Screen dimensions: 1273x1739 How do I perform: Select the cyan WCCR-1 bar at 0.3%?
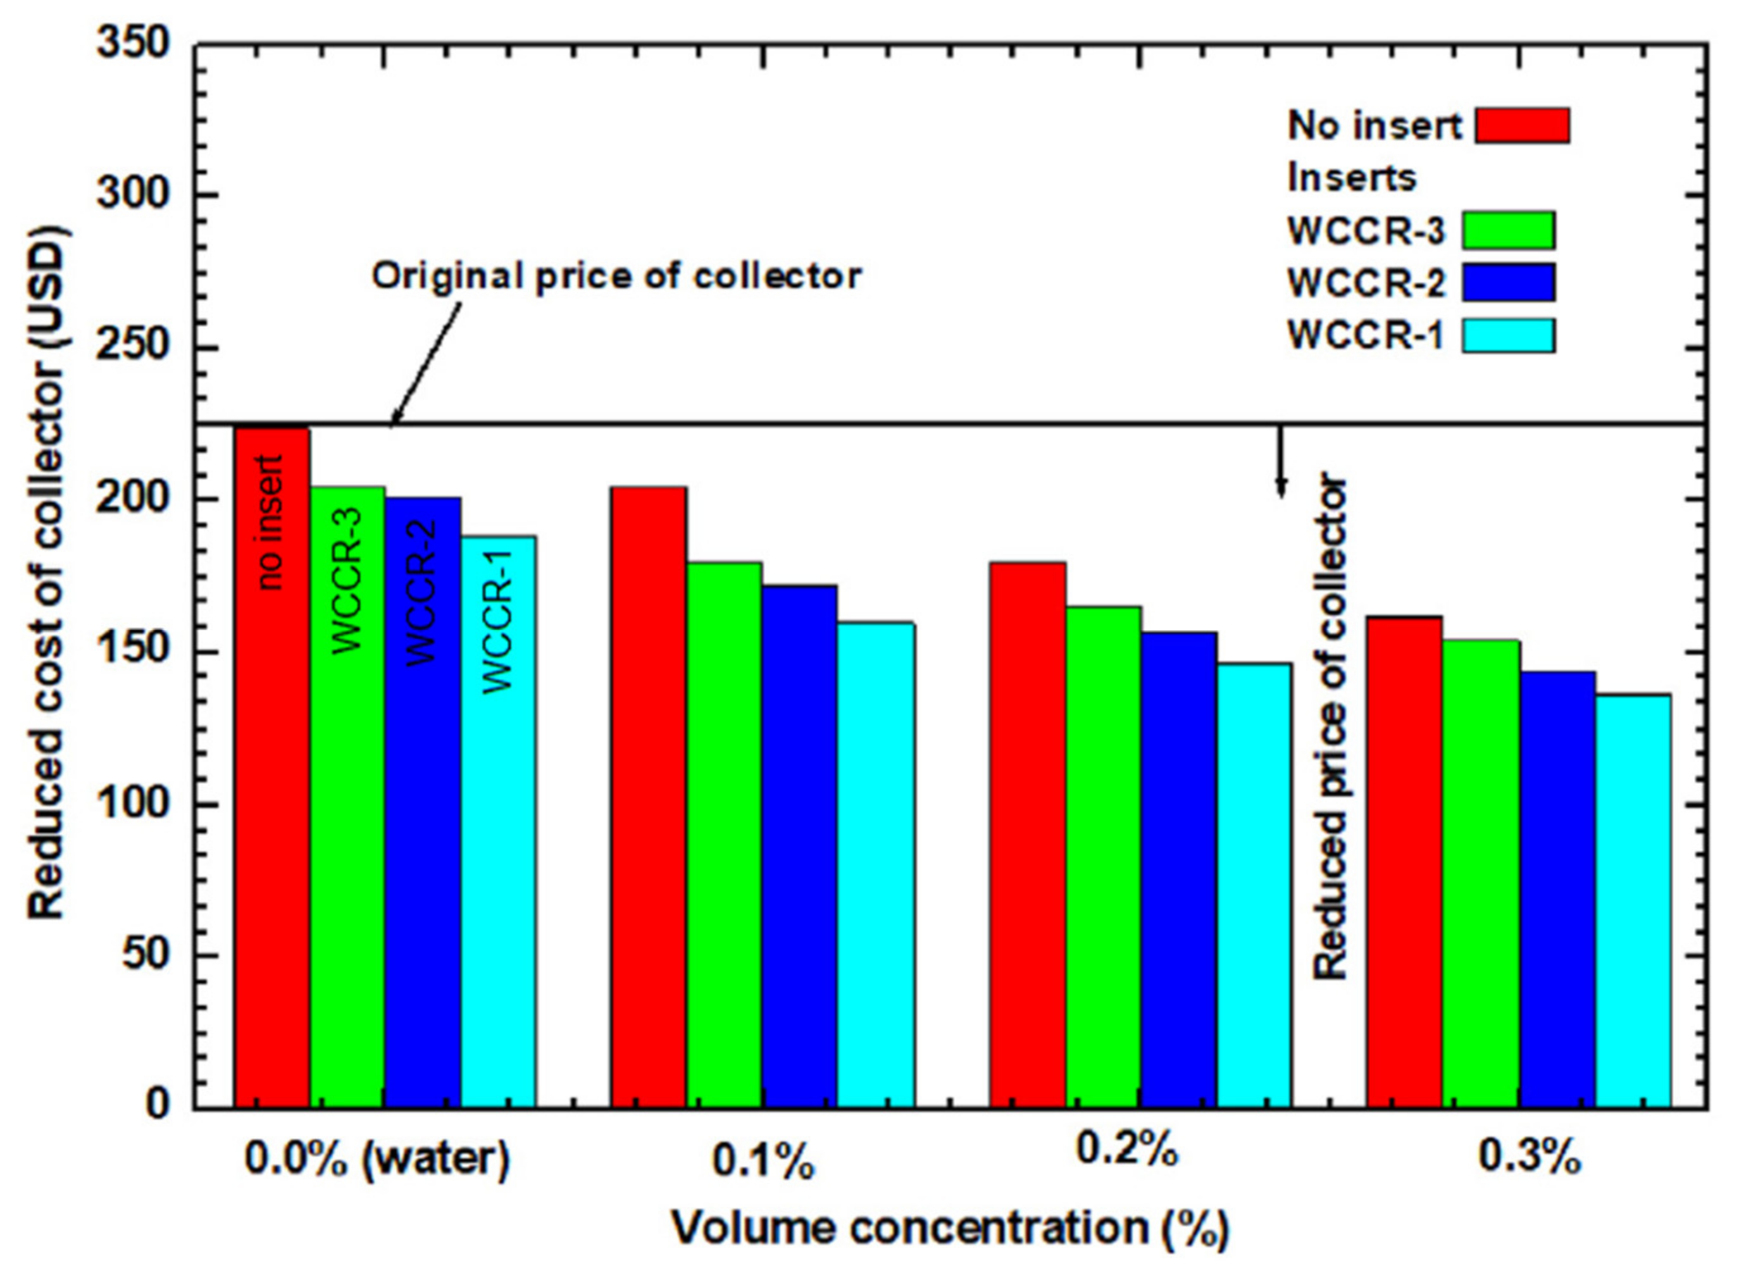1633,902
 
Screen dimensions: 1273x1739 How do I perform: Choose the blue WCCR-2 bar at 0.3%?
1557,890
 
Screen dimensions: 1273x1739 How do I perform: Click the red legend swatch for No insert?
1523,126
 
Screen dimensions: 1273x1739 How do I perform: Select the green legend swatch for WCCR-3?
1508,230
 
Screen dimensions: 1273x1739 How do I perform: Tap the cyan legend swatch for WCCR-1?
1508,336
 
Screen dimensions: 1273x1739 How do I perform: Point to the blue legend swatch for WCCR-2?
1508,283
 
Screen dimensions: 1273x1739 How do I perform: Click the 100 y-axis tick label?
134,804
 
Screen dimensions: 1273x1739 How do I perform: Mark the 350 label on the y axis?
134,44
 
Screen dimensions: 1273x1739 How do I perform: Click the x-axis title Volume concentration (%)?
950,1227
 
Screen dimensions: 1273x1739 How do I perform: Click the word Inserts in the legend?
1351,178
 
